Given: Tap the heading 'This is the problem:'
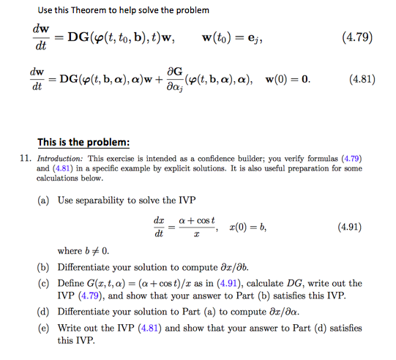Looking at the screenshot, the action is click(83, 142).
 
